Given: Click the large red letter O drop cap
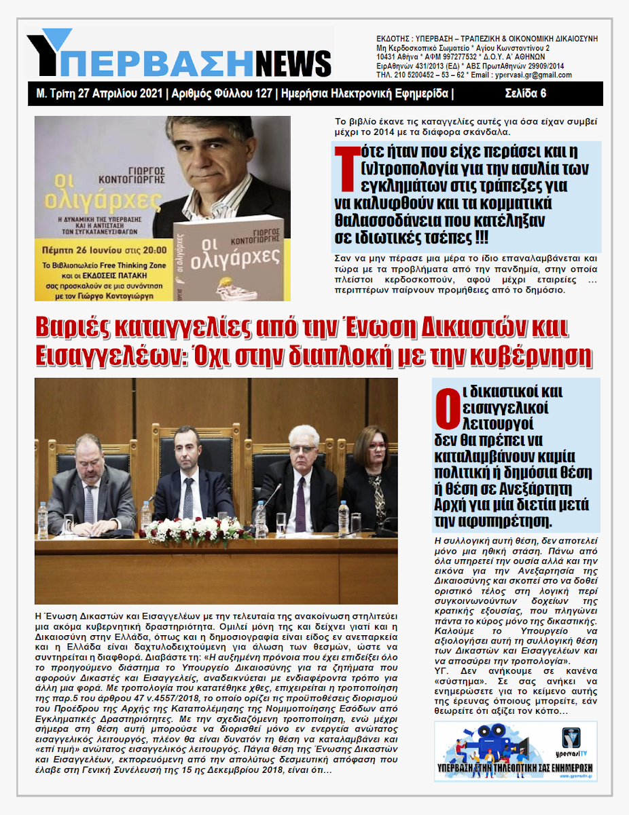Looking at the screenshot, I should (444, 410).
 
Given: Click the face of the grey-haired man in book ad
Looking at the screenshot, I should (211, 156).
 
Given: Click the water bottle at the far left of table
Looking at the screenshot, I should (43, 519).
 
